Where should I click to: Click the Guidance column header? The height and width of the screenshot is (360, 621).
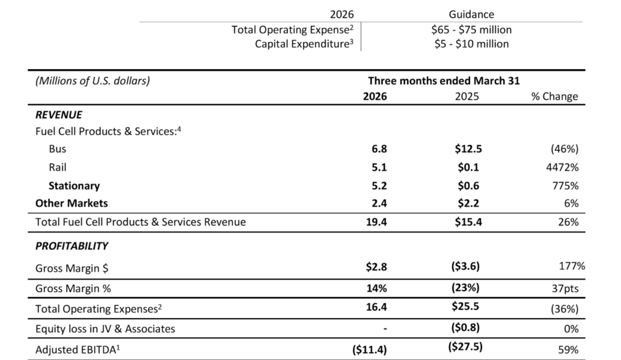[x=471, y=15]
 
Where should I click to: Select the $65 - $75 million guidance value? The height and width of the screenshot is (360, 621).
[x=471, y=30]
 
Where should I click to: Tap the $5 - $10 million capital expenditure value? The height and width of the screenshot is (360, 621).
[x=471, y=44]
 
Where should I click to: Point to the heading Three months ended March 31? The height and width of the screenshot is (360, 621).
[x=443, y=81]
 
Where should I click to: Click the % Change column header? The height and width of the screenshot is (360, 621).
[x=554, y=96]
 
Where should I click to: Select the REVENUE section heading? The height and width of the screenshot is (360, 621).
[x=59, y=115]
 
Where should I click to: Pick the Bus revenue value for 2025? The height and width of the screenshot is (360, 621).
[x=468, y=148]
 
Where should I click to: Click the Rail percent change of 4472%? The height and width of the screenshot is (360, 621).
[x=562, y=167]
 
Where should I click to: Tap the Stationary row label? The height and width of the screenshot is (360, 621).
[x=74, y=185]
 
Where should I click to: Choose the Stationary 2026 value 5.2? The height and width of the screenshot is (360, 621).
[x=379, y=185]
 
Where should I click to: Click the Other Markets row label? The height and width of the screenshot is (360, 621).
[x=72, y=204]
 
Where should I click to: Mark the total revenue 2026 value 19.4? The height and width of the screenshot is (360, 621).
[x=376, y=222]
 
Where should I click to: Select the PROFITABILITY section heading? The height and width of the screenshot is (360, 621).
[x=72, y=246]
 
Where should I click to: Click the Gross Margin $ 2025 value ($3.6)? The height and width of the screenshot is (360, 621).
[x=465, y=266]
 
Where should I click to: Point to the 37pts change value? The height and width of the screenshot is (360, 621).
[x=565, y=288]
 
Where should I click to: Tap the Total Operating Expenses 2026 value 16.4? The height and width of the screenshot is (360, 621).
[x=376, y=307]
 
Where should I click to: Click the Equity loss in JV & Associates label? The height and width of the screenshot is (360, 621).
[x=105, y=329]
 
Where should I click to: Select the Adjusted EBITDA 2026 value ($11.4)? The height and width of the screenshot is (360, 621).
[x=369, y=350]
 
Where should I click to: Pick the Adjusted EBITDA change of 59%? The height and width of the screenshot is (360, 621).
[x=568, y=350]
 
